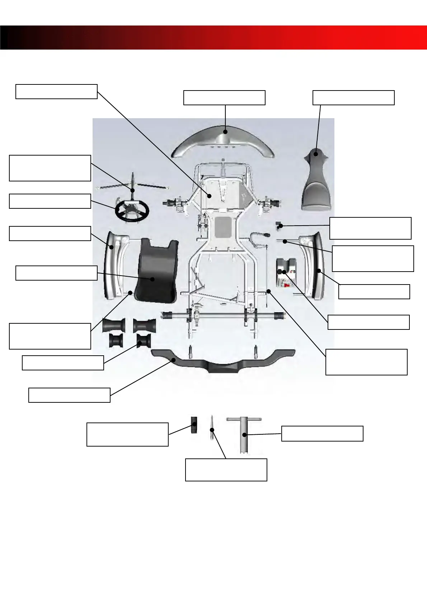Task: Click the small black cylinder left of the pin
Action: pyautogui.click(x=194, y=426)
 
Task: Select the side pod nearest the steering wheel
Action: pyautogui.click(x=112, y=266)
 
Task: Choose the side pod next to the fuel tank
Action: pyautogui.click(x=318, y=266)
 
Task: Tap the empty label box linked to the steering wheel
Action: pyautogui.click(x=50, y=201)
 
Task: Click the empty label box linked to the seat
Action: pyautogui.click(x=56, y=273)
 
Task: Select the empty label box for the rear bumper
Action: pyautogui.click(x=69, y=395)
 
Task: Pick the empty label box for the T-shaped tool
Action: pyautogui.click(x=322, y=433)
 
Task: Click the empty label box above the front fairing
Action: pyautogui.click(x=224, y=98)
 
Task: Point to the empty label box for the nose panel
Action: pyautogui.click(x=353, y=98)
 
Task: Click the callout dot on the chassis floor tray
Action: pyautogui.click(x=210, y=195)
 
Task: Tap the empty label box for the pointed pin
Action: pyautogui.click(x=226, y=470)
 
